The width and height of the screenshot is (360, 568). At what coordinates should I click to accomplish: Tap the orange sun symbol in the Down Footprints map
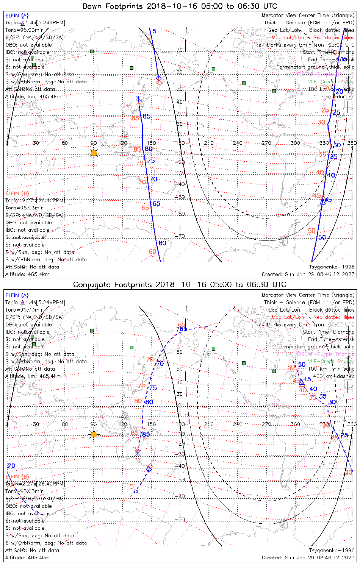(x=94, y=153)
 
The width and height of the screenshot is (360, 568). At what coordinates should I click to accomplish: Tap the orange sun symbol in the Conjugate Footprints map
(x=94, y=434)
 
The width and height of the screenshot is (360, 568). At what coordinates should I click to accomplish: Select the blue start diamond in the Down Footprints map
(x=159, y=78)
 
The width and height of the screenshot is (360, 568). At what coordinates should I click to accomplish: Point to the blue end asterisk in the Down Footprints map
(x=139, y=99)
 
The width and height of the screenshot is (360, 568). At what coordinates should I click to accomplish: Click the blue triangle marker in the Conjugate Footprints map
(x=302, y=383)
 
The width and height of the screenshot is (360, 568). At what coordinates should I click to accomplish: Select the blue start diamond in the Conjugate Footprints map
(x=149, y=469)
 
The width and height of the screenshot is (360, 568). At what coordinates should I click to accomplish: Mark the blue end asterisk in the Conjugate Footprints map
(x=138, y=453)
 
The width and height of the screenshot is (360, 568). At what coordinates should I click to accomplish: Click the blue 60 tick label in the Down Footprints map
(x=163, y=243)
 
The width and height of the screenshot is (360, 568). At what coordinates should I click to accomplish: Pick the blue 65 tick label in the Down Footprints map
(x=156, y=204)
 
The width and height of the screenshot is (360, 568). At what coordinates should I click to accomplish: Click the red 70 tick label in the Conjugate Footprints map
(x=150, y=359)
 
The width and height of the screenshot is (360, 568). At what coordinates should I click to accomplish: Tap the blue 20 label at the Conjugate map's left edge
(x=11, y=466)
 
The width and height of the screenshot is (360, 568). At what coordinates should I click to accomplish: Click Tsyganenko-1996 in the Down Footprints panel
(x=332, y=267)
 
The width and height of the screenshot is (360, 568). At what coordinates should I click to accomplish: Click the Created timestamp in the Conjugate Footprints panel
(x=308, y=557)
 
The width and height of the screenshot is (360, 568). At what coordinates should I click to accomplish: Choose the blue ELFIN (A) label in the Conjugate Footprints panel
(x=17, y=295)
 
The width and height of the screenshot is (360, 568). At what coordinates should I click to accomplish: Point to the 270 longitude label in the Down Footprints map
(x=266, y=143)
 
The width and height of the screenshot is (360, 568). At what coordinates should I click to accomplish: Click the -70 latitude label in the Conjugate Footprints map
(x=180, y=519)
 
